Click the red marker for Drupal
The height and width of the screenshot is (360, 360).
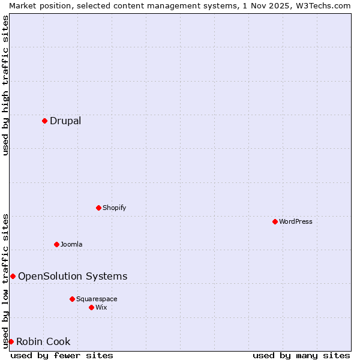pyautogui.click(x=44, y=121)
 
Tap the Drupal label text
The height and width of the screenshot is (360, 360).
pyautogui.click(x=65, y=121)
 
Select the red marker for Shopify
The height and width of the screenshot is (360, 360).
pyautogui.click(x=98, y=208)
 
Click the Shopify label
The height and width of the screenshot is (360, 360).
pyautogui.click(x=114, y=208)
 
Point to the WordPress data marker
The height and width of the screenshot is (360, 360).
pyautogui.click(x=275, y=221)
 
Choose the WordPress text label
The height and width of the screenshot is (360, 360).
pyautogui.click(x=296, y=222)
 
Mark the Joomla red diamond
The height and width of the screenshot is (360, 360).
pyautogui.click(x=56, y=244)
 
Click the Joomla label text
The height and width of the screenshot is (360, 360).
pyautogui.click(x=71, y=245)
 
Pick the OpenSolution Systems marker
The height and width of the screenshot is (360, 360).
pyautogui.click(x=13, y=276)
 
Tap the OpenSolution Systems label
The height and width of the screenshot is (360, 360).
pyautogui.click(x=73, y=277)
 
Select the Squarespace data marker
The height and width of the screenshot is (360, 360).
pyautogui.click(x=72, y=299)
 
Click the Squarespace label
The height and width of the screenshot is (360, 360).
pyautogui.click(x=97, y=299)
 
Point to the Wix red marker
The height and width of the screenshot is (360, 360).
pyautogui.click(x=91, y=307)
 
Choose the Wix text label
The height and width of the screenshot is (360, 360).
pyautogui.click(x=101, y=308)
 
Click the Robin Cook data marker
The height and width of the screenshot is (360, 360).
pyautogui.click(x=11, y=341)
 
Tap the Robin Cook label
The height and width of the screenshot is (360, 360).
pyautogui.click(x=43, y=342)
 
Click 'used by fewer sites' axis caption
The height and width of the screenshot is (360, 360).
pyautogui.click(x=62, y=356)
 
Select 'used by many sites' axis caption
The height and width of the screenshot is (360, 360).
pyautogui.click(x=301, y=356)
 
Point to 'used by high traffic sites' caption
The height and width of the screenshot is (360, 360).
pyautogui.click(x=5, y=85)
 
